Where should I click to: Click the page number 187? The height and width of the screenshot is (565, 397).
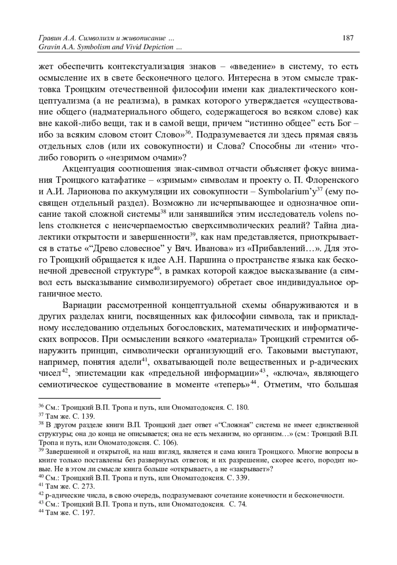pos(348,38)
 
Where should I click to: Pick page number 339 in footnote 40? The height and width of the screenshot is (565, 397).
pos(243,478)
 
